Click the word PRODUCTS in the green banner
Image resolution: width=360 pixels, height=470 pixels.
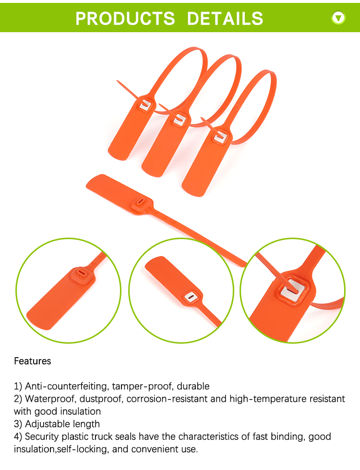pos(125,18)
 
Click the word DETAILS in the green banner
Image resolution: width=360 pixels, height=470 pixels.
pos(225,18)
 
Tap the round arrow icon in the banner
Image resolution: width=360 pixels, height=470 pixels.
pos(338,18)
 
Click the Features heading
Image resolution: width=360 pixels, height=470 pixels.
pos(32,361)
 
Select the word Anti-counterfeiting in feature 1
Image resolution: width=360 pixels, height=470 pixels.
pos(66,386)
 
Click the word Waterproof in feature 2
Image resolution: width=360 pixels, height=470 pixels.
pos(50,398)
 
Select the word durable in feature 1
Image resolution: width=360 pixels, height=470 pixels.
pos(193,386)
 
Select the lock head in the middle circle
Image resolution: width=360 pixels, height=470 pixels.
pos(191,297)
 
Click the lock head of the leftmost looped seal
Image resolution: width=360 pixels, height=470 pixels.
pos(145,104)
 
